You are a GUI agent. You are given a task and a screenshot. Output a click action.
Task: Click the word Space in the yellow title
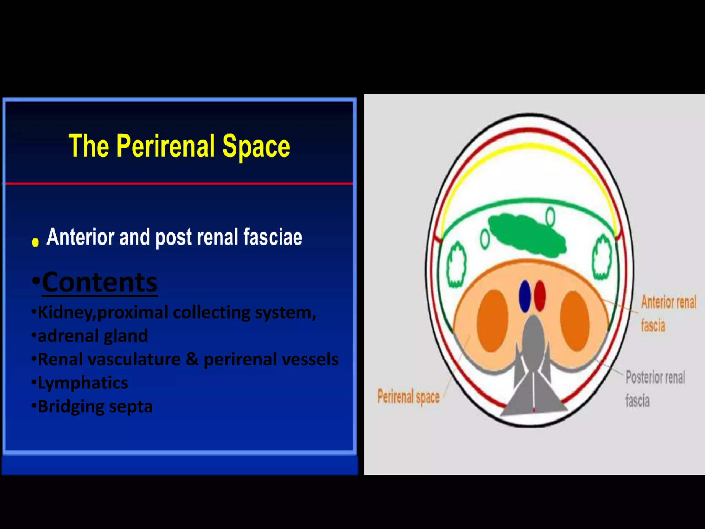[x=256, y=147]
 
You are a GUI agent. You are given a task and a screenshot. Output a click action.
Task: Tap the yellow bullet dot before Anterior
[x=35, y=242]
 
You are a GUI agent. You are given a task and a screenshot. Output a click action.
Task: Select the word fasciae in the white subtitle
[x=273, y=237]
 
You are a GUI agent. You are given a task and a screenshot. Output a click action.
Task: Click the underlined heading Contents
[x=99, y=282]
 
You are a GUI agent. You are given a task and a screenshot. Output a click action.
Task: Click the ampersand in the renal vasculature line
[x=192, y=359]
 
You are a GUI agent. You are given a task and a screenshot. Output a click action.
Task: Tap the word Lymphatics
[x=83, y=383]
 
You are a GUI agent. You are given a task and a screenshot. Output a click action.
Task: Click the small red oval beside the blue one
[x=540, y=296]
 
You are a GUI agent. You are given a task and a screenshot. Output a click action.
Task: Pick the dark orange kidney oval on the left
[x=493, y=321]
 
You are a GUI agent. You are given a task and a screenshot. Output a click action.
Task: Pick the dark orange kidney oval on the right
[x=575, y=321]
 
